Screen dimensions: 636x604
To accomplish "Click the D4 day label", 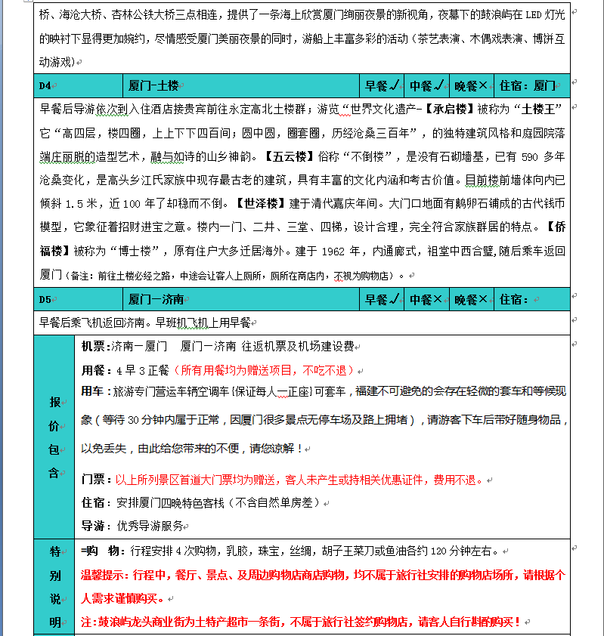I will (x=45, y=86).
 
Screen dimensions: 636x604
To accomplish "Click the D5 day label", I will (x=45, y=300).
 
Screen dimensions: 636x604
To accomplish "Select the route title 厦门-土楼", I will (x=153, y=86).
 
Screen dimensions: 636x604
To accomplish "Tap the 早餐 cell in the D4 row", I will (x=382, y=86).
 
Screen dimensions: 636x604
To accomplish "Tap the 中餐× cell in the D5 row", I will (x=426, y=300).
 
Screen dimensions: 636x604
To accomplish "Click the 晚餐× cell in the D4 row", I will (x=471, y=86).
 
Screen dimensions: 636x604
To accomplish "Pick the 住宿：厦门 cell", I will (x=528, y=86).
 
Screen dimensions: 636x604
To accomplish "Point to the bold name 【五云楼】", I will (x=287, y=157).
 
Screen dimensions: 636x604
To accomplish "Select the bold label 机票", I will (x=94, y=347).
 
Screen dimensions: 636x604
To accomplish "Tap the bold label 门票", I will (x=94, y=480).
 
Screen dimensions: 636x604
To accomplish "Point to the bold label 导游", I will (x=94, y=526).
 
